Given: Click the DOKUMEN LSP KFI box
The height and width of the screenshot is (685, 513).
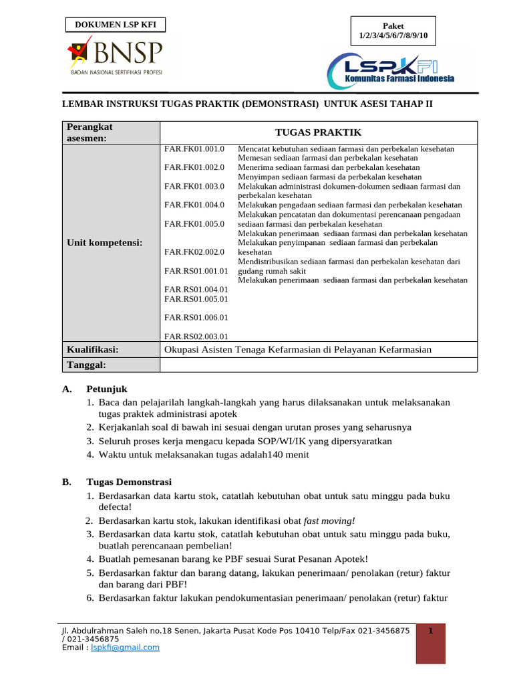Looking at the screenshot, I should (x=115, y=25).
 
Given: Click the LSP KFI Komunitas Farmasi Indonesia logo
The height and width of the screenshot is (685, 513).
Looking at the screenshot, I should (x=391, y=69).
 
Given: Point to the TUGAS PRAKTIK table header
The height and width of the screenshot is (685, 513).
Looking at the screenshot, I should (x=318, y=132).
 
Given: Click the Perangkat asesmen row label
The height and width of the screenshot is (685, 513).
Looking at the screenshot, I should (x=90, y=132).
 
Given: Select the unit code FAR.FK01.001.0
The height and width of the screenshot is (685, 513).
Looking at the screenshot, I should (x=194, y=149).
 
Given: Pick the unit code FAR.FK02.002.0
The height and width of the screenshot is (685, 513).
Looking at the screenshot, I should (x=194, y=252).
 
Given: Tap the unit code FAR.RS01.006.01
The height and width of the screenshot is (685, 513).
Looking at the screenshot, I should (x=196, y=317).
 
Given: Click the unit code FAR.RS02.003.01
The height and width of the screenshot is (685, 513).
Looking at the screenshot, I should (x=196, y=336).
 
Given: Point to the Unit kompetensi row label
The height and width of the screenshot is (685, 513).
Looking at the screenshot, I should (x=104, y=242).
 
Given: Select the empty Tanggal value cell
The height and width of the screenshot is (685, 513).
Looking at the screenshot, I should (x=318, y=365).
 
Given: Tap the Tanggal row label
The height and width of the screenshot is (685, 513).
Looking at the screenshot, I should (x=86, y=365).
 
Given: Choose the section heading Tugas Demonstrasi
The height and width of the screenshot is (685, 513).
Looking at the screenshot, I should (x=129, y=482).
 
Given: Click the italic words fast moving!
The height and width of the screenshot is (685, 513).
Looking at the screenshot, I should (x=329, y=520).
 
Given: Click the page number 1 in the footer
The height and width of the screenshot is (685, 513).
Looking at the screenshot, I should (x=431, y=631).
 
